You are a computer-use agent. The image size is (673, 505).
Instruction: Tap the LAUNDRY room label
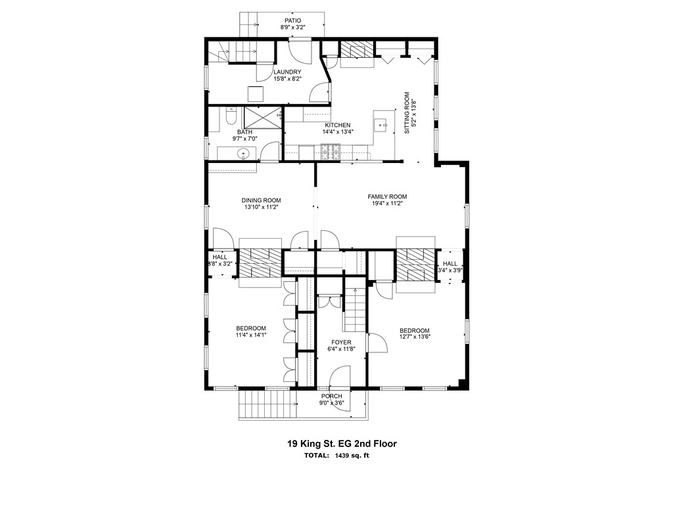tap(287, 72)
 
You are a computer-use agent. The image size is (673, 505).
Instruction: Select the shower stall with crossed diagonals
tap(262, 118)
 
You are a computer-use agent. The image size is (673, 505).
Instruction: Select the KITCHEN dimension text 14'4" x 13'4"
tap(338, 132)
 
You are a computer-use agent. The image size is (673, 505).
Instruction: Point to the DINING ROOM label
tap(261, 201)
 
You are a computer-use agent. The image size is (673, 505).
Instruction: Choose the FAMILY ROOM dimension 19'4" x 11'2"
tap(386, 204)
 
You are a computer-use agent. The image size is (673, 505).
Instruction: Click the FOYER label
tap(341, 343)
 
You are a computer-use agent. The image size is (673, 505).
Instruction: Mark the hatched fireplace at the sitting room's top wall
tap(356, 51)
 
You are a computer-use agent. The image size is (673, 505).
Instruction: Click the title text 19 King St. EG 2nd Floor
tap(341, 444)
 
